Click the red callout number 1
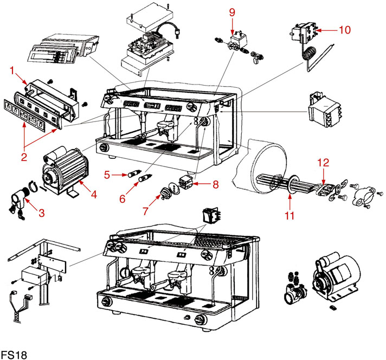(x=12, y=70)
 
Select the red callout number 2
(x=24, y=158)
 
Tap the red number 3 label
(x=41, y=213)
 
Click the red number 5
(x=107, y=174)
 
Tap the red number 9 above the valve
(x=232, y=11)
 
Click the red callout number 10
(x=345, y=30)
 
